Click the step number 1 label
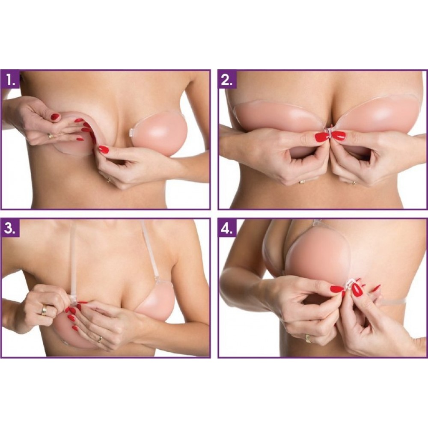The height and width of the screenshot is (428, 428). pos(11,80)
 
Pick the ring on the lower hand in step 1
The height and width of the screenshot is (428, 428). pos(109,180)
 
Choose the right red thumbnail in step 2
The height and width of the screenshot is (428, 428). pos(338,135)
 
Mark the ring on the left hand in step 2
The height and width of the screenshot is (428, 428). pos(302,182)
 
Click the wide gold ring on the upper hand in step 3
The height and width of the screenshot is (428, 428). pos(44,310)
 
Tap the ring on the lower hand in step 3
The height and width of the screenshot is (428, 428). pos(100,339)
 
